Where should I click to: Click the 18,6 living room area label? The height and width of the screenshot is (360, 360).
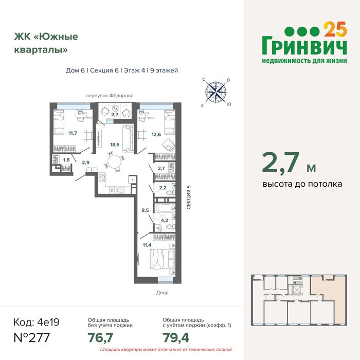(115, 145)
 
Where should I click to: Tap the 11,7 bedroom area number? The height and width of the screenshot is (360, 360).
(73, 133)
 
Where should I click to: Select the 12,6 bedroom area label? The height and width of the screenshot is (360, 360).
(156, 135)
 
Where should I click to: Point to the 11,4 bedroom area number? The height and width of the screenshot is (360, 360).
(147, 245)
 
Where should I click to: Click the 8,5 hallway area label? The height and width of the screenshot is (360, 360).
(145, 210)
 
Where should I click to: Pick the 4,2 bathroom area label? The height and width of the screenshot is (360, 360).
(165, 221)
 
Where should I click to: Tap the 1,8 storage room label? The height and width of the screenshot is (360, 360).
(66, 160)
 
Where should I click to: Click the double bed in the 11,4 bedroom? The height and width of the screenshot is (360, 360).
(163, 259)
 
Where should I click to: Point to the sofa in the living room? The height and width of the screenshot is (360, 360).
(128, 138)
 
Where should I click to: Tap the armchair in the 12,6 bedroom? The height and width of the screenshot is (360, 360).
(169, 145)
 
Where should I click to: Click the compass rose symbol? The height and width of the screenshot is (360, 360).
(216, 92)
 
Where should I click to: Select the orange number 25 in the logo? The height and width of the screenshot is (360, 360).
(335, 29)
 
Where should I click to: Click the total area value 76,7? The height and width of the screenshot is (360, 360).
(100, 338)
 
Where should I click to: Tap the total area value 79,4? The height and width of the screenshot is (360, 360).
(176, 338)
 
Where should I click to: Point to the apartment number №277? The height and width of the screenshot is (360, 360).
(32, 338)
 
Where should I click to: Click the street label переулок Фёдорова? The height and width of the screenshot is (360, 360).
(110, 96)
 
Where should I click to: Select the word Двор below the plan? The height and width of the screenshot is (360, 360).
(163, 293)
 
